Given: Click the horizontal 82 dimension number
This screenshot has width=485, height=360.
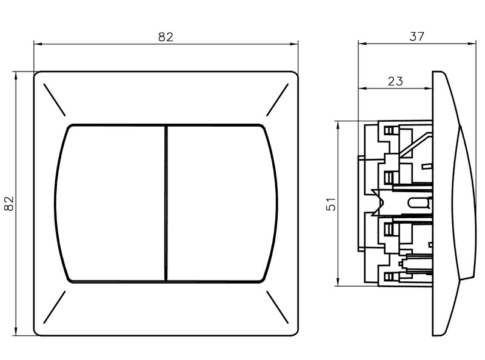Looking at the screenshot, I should coord(166,36).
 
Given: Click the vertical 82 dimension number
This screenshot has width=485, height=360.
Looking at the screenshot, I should coord(9,204).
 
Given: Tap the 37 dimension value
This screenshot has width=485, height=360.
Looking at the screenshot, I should coord(416,36).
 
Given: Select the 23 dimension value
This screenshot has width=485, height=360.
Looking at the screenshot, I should coord(395,81).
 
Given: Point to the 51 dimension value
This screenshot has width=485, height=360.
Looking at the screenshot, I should coord(331,204).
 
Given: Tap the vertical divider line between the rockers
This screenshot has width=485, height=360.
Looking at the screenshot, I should coord(166,204).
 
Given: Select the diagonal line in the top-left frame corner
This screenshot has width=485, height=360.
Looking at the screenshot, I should coord(54,99).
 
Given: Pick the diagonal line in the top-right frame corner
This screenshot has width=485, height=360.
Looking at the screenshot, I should coord(277,99).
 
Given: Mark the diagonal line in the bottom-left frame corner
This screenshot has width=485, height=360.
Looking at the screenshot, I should coord(54,308).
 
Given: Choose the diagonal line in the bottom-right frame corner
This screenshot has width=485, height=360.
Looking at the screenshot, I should coord(277,308).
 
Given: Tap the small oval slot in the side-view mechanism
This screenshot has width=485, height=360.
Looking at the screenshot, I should coord(418,204).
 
